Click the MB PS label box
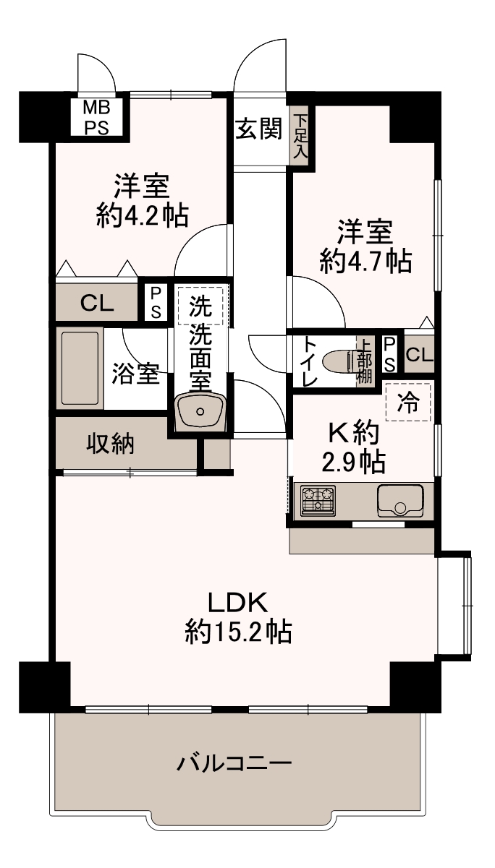coord(97,116)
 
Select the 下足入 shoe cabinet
coord(300,136)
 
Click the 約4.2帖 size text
coord(143,215)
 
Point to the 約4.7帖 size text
coord(365,261)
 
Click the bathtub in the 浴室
coord(80,368)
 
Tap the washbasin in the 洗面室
coord(200,411)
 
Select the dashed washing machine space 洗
coord(200,306)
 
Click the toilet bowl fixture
coord(339,362)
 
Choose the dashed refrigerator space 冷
coord(408,403)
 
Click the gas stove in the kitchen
coord(318,500)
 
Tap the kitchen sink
coord(399,501)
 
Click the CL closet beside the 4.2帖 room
coord(97,304)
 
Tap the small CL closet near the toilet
coord(419,354)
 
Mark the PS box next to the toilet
coord(389,354)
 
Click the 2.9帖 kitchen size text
coord(354,462)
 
